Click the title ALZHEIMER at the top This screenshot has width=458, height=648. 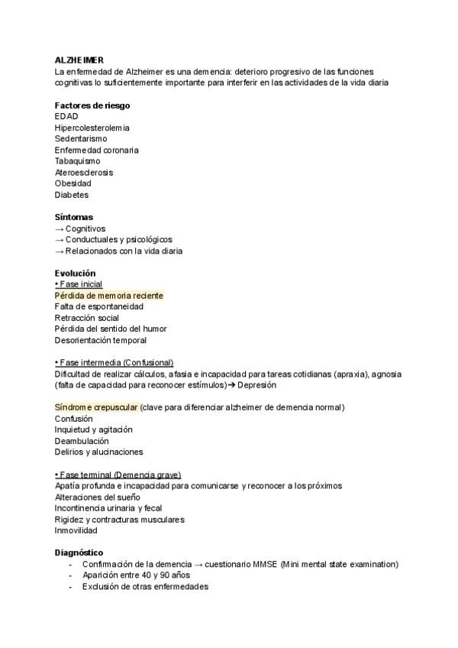click(79, 60)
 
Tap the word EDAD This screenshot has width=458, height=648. click(66, 116)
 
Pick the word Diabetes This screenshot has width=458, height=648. click(72, 195)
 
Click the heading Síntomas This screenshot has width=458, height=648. click(74, 217)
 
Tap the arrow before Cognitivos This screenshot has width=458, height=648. click(60, 228)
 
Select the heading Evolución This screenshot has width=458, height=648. click(75, 273)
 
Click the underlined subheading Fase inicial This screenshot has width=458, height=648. click(80, 284)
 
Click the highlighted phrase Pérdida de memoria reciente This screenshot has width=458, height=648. click(108, 295)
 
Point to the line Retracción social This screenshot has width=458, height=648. click(87, 318)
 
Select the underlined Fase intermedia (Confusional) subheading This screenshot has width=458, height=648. click(114, 362)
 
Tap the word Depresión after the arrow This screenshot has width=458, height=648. click(256, 385)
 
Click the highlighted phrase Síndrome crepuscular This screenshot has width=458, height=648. click(96, 407)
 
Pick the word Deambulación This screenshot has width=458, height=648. click(82, 441)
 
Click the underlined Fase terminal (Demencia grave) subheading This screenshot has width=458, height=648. click(118, 475)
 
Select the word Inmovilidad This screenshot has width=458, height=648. click(76, 530)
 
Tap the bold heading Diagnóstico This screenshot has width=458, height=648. click(79, 552)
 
